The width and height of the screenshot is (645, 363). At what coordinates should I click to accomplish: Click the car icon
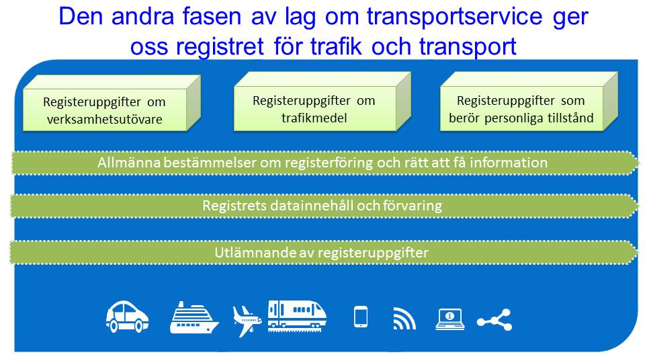(127, 317)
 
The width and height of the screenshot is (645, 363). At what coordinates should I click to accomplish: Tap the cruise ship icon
(194, 317)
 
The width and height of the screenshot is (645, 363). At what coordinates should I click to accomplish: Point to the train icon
(297, 316)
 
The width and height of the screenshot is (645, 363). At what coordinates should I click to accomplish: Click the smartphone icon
(361, 317)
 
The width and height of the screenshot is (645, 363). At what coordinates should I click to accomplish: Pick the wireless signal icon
(404, 319)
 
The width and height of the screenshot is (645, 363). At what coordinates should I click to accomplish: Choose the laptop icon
(450, 319)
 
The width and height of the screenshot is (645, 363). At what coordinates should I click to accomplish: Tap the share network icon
(494, 320)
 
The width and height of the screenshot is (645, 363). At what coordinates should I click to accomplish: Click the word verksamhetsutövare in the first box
(105, 120)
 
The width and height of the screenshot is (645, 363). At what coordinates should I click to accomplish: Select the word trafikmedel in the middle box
(314, 118)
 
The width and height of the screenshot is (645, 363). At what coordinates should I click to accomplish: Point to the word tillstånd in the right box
(570, 118)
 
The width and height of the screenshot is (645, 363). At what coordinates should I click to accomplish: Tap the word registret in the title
(220, 46)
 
